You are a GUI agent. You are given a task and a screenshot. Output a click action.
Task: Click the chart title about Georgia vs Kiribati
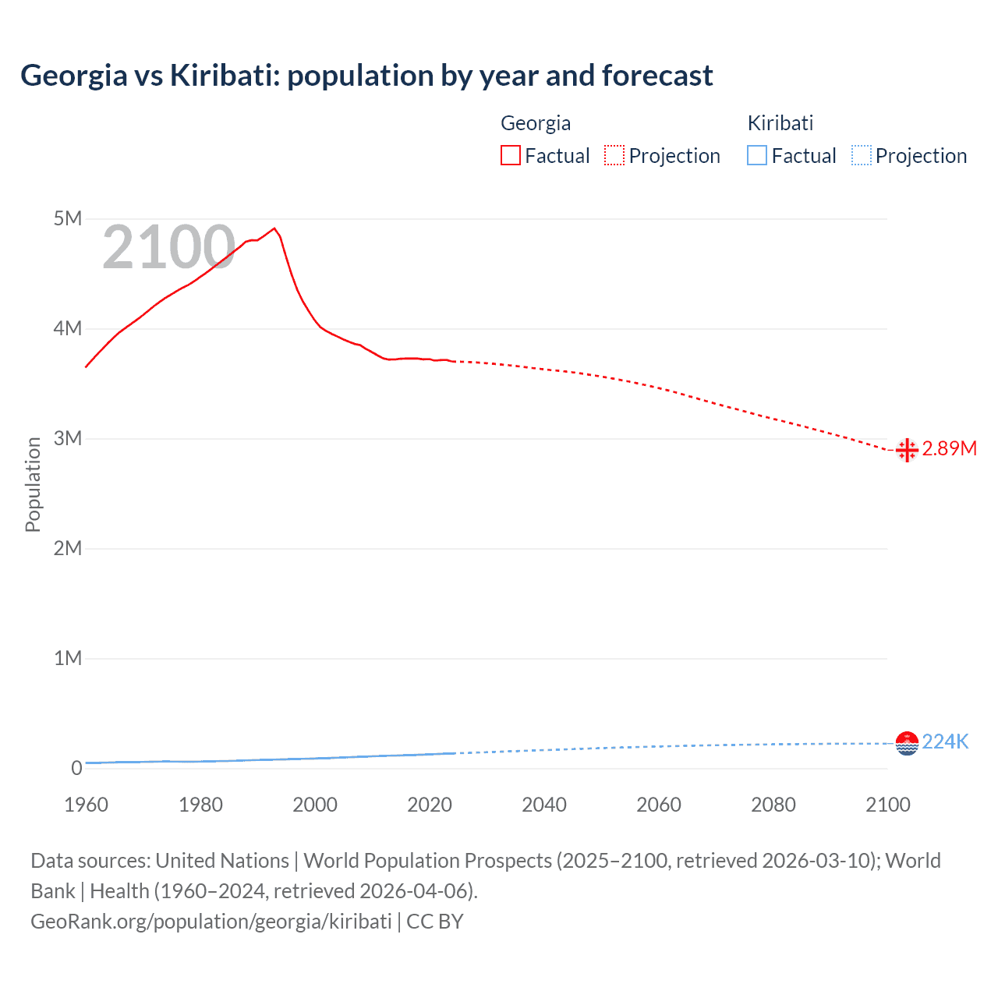point(366,76)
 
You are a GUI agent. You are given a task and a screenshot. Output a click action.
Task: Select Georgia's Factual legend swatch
point(510,156)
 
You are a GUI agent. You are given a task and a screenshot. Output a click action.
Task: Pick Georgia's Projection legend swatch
point(614,156)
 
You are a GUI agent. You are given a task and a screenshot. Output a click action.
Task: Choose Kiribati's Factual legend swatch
point(757,156)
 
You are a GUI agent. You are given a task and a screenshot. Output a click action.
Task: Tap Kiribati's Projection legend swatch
point(861,156)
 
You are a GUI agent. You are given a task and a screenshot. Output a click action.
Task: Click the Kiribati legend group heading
point(780,123)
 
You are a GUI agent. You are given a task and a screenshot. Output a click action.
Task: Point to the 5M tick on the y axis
point(68,218)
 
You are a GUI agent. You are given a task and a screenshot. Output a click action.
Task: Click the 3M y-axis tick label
point(68,438)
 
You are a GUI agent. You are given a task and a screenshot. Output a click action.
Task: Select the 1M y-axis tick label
point(68,658)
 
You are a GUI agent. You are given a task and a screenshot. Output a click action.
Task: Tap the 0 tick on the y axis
point(76,768)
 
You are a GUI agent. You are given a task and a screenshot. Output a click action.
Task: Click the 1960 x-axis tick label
point(86,805)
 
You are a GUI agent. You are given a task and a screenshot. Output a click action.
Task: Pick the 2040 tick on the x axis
point(544,805)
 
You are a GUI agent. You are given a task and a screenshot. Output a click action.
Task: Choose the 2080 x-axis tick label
point(773,805)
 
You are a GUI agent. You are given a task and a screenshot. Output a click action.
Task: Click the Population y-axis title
point(33,484)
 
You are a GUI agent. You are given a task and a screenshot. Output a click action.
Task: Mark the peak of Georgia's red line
point(274,228)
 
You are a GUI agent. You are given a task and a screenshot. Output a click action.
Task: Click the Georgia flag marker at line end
point(907,450)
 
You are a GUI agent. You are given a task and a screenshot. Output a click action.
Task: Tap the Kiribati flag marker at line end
point(907,743)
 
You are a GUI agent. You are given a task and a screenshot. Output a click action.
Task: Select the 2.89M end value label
point(949,448)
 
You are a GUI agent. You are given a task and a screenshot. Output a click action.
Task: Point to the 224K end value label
point(945,741)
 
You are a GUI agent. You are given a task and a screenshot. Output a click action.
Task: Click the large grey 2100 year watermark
point(168,247)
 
